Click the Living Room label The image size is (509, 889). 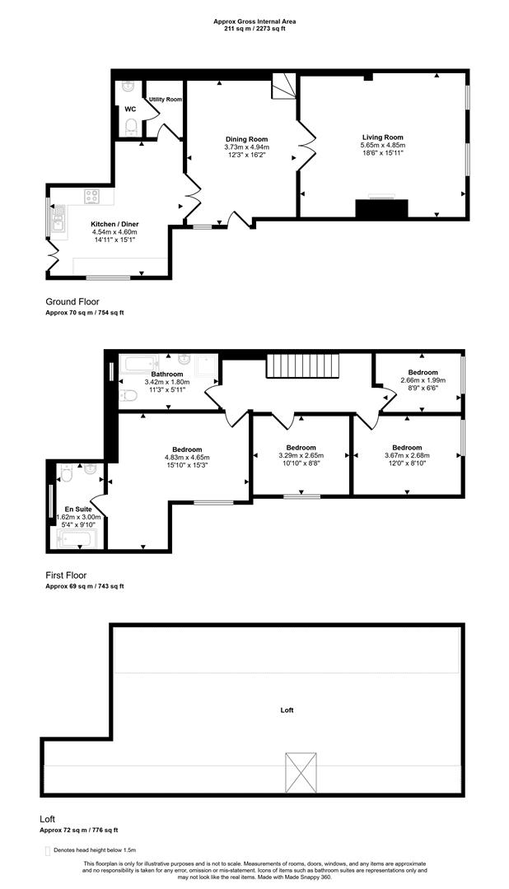tap(382, 137)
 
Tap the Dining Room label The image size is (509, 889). tap(247, 139)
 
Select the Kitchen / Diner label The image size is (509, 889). tap(114, 224)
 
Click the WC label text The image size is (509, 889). tap(130, 109)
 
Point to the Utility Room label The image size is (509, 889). tap(166, 100)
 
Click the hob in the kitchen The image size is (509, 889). tap(92, 197)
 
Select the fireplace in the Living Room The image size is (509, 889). tap(381, 207)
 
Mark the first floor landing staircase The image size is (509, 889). tap(302, 366)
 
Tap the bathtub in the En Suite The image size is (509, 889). tap(77, 539)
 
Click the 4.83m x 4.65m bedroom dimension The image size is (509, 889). tap(187, 458)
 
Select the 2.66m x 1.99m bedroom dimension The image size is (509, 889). tap(422, 380)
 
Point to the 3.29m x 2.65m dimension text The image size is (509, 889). tap(301, 455)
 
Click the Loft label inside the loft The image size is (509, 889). tap(287, 710)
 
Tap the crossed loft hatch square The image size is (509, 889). tap(301, 772)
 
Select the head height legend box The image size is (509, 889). tap(47, 849)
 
